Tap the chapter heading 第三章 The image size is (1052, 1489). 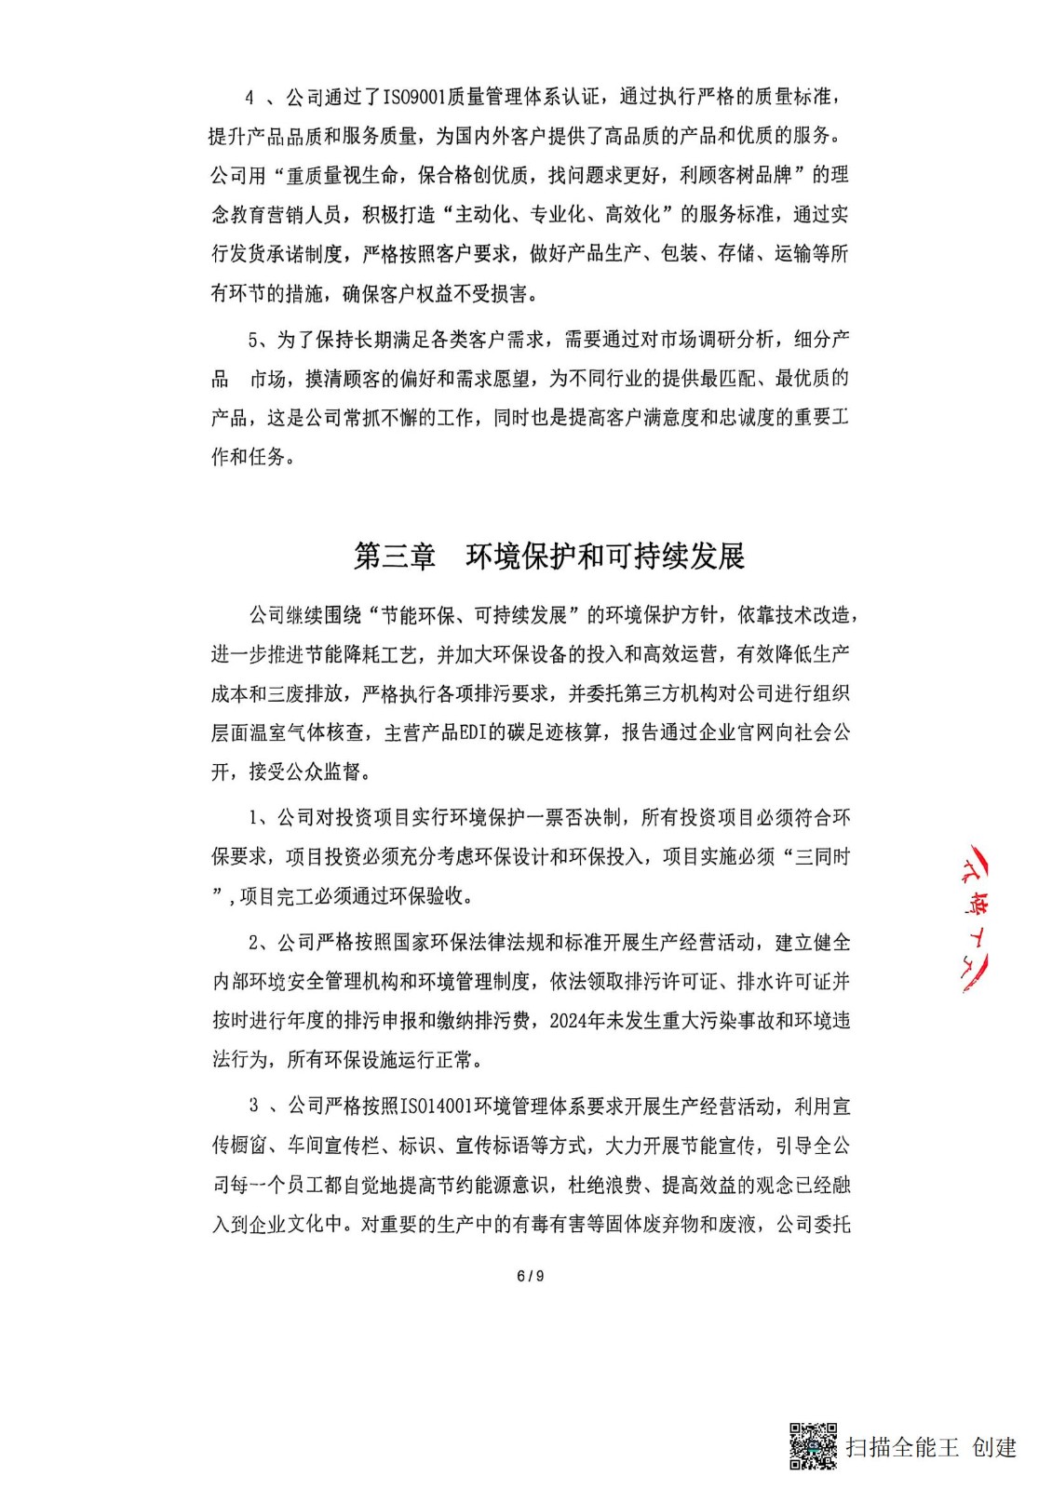coord(395,556)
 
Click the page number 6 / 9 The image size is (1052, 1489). coord(530,1276)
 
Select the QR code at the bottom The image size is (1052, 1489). coord(813,1446)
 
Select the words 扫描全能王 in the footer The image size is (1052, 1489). coord(902,1447)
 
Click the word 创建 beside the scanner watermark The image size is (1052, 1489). coord(994,1447)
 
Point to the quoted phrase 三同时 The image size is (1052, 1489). coord(822,857)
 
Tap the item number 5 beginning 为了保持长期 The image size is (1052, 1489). coord(254,340)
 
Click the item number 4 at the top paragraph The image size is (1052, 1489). coord(250,98)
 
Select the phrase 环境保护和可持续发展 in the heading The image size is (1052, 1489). coord(605,556)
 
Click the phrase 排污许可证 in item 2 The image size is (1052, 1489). coord(671,981)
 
